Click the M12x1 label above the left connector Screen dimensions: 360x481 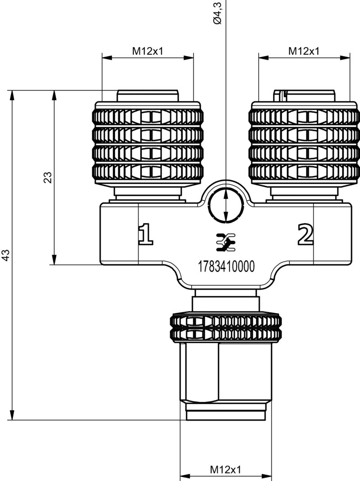147,51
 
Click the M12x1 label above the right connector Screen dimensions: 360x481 304,51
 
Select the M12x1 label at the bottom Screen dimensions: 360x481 225,469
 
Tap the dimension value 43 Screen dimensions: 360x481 6,255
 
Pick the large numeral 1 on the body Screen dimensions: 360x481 145,234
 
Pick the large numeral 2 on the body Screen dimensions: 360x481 305,234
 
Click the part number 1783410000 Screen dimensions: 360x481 226,267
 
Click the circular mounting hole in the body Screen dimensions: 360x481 226,205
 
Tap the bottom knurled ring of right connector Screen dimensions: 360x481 304,171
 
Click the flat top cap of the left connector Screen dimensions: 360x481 147,96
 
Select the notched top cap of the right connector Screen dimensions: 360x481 304,96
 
